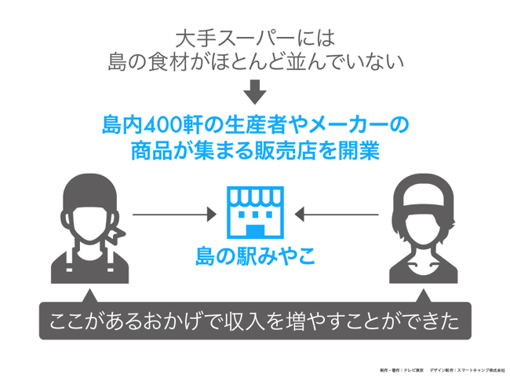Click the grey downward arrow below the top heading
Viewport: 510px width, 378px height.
(254, 93)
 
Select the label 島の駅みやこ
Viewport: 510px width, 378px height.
(255, 255)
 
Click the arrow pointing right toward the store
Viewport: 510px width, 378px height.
(174, 213)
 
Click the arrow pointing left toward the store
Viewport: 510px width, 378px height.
(340, 213)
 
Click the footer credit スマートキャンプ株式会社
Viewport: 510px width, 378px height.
(475, 369)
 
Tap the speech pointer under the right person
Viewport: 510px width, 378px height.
(424, 296)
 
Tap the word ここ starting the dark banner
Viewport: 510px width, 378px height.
(63, 322)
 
